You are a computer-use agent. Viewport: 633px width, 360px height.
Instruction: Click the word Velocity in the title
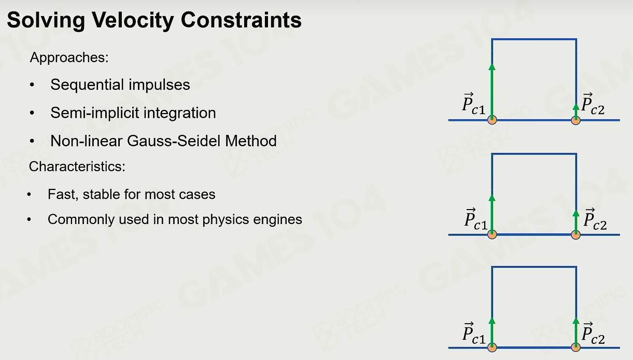[133, 21]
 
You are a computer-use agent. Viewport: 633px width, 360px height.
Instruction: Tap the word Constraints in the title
[241, 20]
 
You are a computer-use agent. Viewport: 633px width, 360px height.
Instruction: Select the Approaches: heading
[69, 58]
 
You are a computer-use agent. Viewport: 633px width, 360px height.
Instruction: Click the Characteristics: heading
[77, 167]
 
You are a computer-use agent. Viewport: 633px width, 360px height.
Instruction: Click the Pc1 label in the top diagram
[474, 104]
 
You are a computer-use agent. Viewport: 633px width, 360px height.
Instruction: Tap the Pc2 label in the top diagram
[593, 104]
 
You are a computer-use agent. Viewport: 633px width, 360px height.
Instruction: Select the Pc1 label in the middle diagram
[476, 219]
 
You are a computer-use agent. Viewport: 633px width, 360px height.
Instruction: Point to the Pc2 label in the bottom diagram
[593, 333]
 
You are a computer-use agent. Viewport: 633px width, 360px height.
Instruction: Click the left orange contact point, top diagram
[492, 120]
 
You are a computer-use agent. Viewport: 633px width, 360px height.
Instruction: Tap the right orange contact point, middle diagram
[575, 234]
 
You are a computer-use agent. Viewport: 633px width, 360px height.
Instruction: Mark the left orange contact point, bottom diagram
[492, 347]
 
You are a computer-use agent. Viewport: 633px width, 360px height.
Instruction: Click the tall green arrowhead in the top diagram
[492, 67]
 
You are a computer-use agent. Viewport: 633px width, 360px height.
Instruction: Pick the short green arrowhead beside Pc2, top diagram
[575, 107]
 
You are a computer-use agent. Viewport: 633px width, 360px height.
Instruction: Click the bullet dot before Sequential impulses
[32, 85]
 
